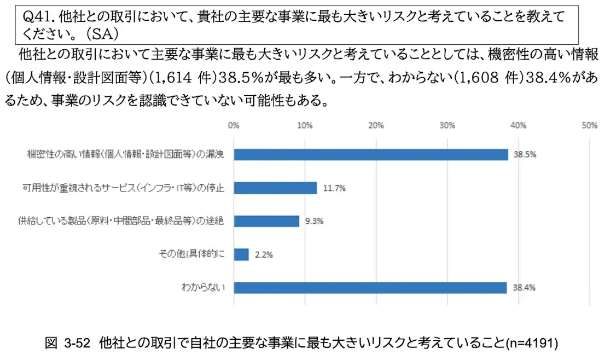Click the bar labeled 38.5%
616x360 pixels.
tap(371, 154)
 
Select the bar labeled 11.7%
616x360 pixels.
tap(275, 188)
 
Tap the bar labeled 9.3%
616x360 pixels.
tap(266, 221)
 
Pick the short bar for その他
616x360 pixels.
tap(241, 254)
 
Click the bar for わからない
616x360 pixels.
tap(370, 288)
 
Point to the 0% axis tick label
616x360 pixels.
tap(234, 125)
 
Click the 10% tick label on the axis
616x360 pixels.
tap(305, 125)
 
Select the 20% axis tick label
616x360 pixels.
tap(376, 125)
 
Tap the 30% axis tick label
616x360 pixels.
tap(447, 125)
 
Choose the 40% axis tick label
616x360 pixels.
tap(518, 125)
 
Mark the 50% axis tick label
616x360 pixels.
tap(589, 125)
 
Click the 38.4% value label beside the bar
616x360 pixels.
tap(524, 288)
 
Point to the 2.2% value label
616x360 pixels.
tap(264, 254)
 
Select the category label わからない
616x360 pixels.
tap(206, 288)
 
